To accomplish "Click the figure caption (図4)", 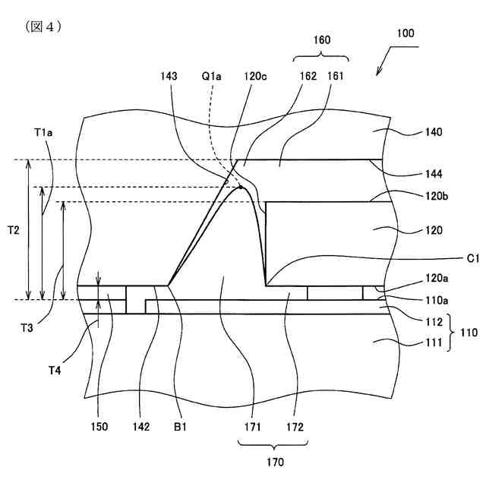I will click(x=43, y=27).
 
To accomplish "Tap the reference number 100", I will click(x=406, y=33).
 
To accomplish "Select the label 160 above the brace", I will click(x=321, y=40).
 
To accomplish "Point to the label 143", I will click(x=170, y=77).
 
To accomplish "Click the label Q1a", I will click(x=212, y=77).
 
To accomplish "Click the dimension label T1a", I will click(x=43, y=132).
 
